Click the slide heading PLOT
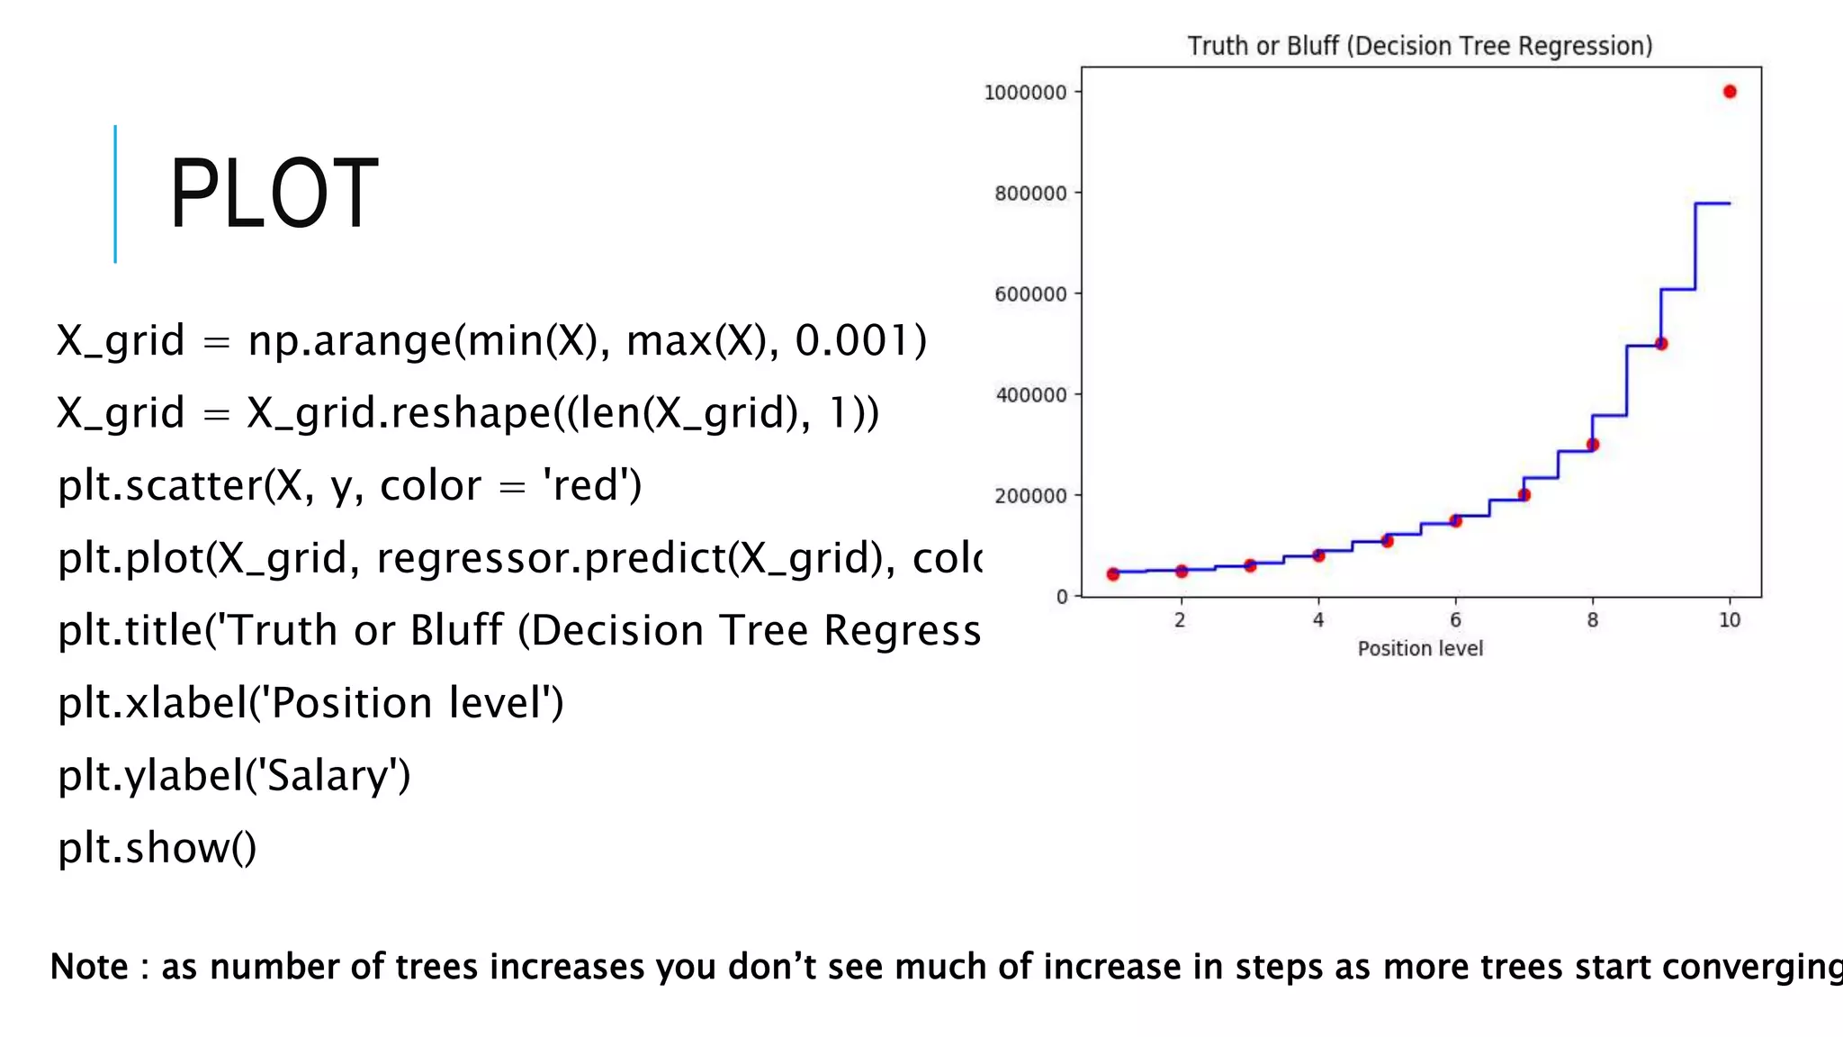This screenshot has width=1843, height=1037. point(274,194)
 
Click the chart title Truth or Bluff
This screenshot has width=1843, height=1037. point(1419,46)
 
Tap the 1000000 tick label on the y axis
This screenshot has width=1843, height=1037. point(1025,93)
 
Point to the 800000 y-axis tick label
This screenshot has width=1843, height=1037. point(1030,194)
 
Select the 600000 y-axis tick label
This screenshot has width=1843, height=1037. point(1030,294)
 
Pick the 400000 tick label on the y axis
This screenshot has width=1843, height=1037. point(1030,395)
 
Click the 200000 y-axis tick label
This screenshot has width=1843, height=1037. point(1030,496)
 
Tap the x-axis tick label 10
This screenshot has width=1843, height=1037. point(1729,620)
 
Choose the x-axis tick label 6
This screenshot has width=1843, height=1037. point(1455,620)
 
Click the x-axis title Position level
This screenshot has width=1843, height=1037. point(1419,649)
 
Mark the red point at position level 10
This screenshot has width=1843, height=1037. point(1729,92)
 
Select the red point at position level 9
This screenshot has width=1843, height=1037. point(1661,344)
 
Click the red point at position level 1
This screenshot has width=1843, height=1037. point(1113,574)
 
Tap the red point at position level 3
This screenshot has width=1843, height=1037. point(1250,565)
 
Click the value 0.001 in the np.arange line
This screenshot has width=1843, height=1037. point(859,341)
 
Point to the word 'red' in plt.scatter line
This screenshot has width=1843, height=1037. point(591,486)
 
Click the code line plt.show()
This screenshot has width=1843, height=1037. point(157,848)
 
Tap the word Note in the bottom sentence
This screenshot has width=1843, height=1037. point(89,967)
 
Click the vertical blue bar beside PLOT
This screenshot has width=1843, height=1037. point(115,194)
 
